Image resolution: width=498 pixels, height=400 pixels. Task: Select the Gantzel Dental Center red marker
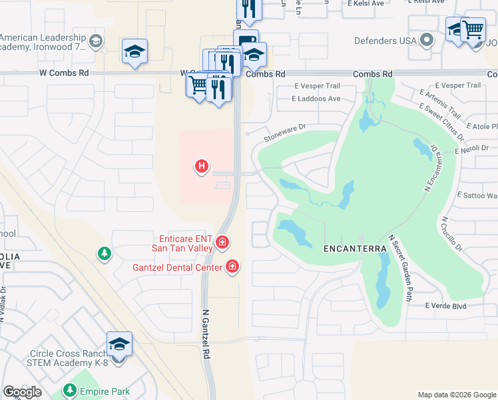coord(232,267)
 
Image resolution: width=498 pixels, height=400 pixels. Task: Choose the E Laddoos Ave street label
coord(317,99)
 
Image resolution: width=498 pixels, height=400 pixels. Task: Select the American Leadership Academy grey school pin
coord(95,42)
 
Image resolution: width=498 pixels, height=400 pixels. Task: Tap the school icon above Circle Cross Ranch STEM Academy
coord(119,344)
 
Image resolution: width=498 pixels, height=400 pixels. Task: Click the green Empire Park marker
coord(69,390)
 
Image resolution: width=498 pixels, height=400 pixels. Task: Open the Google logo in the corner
coord(22,392)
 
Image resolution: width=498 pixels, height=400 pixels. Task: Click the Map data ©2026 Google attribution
coord(456,395)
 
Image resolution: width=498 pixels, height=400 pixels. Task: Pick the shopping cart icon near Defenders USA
coord(473,29)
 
